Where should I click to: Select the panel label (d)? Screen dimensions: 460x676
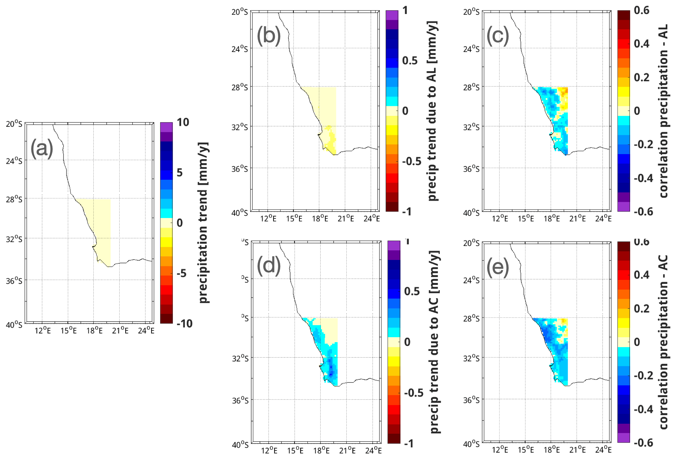tap(269, 266)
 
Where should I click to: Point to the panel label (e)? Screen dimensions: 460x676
tap(498, 267)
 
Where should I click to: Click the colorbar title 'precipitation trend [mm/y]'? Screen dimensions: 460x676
tap(203, 222)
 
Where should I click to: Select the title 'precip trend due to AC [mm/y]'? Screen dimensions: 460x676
tap(434, 342)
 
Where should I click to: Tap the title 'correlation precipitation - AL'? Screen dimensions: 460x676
tap(663, 111)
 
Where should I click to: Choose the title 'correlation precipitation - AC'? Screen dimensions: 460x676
tap(663, 342)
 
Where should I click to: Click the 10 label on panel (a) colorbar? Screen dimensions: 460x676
tap(183, 122)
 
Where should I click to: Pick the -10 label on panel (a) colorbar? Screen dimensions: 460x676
tap(184, 324)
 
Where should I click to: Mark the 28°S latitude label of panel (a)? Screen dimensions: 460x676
tap(14, 199)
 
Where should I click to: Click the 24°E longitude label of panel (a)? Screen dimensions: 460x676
tap(146, 331)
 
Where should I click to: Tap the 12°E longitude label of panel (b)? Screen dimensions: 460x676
tap(268, 219)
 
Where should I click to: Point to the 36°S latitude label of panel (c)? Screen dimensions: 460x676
tap(471, 169)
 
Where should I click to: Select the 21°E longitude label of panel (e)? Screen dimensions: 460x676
tap(577, 450)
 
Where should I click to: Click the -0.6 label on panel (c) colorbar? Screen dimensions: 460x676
tap(643, 212)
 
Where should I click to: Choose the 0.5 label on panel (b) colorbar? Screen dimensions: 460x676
tap(410, 61)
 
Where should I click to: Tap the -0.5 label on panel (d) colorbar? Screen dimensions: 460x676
tap(414, 393)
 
